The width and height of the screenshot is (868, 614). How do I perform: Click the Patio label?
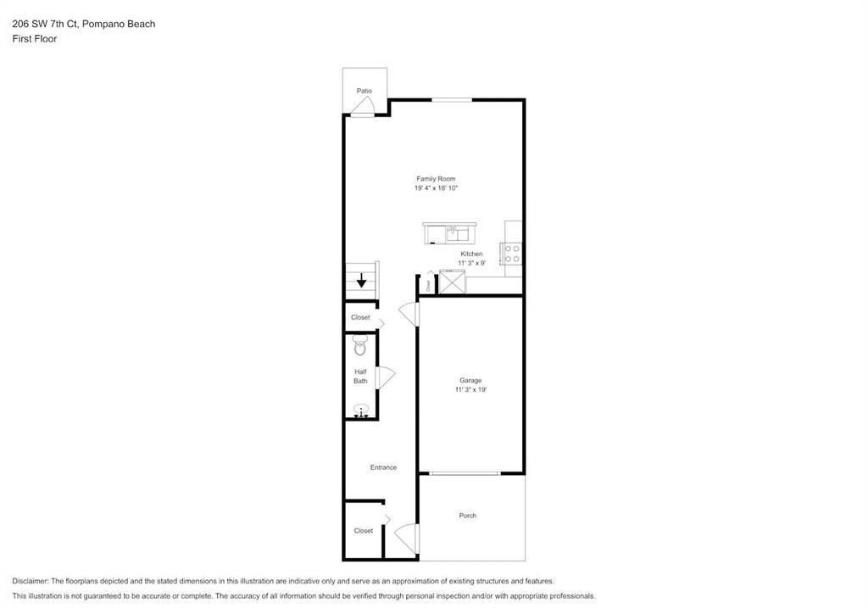pyautogui.click(x=364, y=91)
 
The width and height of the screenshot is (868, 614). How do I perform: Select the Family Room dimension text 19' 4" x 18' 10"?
pyautogui.click(x=437, y=188)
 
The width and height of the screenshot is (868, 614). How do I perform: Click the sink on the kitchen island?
pyautogui.click(x=453, y=231)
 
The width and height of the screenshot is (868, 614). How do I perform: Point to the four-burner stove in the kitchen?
pyautogui.click(x=512, y=253)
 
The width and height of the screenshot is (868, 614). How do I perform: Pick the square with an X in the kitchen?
pyautogui.click(x=452, y=282)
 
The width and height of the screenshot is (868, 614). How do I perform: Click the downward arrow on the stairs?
pyautogui.click(x=361, y=280)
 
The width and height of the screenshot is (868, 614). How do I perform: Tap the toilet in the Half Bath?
pyautogui.click(x=359, y=345)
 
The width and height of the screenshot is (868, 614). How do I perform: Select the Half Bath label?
pyautogui.click(x=360, y=376)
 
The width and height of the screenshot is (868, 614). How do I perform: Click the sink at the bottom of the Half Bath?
pyautogui.click(x=361, y=411)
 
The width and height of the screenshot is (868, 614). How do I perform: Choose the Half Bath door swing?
pyautogui.click(x=385, y=377)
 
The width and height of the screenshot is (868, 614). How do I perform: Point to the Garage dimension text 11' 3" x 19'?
pyautogui.click(x=470, y=390)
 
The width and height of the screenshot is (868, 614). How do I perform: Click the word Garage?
pyautogui.click(x=470, y=381)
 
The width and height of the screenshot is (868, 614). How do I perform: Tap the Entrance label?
pyautogui.click(x=383, y=467)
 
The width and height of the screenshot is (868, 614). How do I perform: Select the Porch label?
pyautogui.click(x=467, y=516)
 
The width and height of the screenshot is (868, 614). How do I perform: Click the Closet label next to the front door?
pyautogui.click(x=363, y=531)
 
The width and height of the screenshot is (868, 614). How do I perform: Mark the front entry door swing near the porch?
pyautogui.click(x=407, y=539)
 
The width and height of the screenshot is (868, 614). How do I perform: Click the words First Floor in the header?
pyautogui.click(x=35, y=39)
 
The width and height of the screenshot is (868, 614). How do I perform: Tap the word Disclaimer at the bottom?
pyautogui.click(x=31, y=581)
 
